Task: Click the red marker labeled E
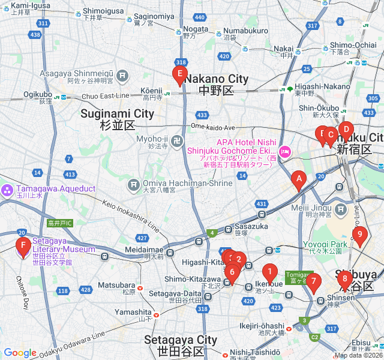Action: point(179,74)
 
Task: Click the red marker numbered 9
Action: point(359,235)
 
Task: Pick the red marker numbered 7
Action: point(313,281)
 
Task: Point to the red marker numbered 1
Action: point(270,272)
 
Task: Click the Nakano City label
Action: point(216,79)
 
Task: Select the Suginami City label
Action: point(118,113)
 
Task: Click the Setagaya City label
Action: point(181,340)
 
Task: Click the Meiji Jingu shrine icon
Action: point(341,210)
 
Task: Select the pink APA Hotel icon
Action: point(285,151)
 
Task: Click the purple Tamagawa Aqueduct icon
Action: point(7,191)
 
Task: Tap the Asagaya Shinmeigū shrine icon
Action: point(123,76)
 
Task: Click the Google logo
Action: point(20,353)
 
